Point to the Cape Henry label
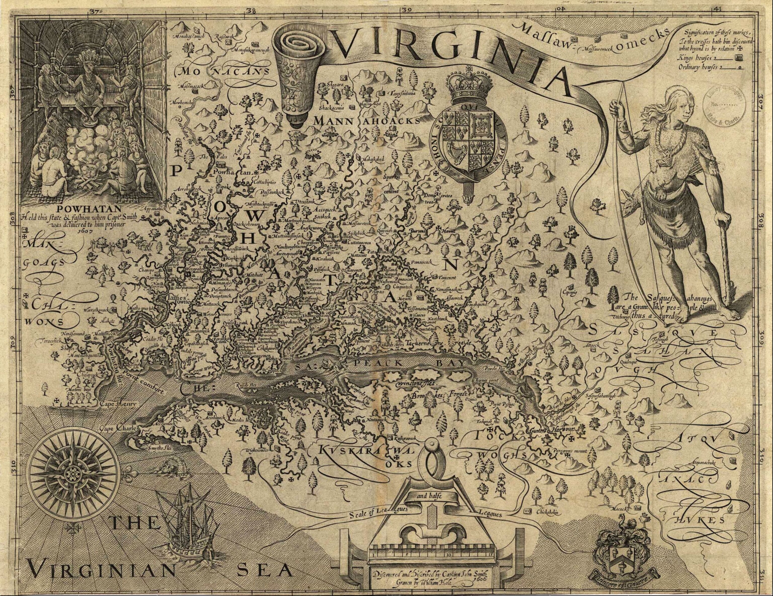pos(114,404)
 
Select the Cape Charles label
pos(118,429)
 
